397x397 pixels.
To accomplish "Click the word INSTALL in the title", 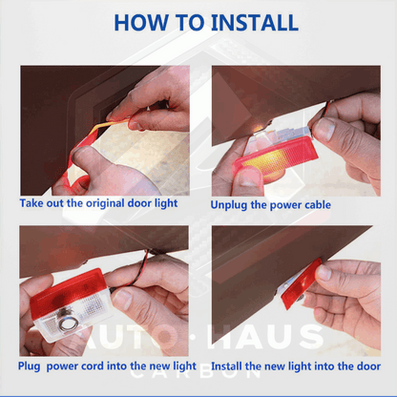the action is pos(255,22).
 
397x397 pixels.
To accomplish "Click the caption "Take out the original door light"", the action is pos(98,203).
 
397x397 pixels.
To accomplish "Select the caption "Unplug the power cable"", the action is pos(270,205).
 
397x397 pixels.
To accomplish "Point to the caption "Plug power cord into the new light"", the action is pos(107,366).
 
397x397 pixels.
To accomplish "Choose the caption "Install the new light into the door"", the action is pos(296,366).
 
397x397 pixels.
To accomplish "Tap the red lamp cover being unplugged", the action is pos(276,157).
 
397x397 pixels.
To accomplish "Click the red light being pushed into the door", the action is pos(301,283).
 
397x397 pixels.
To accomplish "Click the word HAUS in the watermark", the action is pos(264,337).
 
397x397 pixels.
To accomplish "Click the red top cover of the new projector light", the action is pos(68,288).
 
